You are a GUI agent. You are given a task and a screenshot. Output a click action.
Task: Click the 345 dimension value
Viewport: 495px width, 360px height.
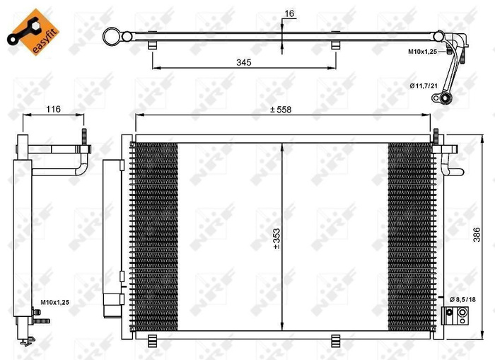(244, 62)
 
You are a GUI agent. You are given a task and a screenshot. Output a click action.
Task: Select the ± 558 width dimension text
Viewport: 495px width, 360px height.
(281, 109)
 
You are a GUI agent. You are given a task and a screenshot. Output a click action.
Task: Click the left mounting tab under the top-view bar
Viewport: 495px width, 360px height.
(153, 45)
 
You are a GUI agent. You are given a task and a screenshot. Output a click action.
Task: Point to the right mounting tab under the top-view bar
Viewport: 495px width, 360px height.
(336, 45)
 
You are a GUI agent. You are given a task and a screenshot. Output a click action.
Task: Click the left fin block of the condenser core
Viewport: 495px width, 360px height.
(155, 233)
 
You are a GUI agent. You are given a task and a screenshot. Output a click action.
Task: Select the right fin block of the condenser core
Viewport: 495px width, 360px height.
(409, 233)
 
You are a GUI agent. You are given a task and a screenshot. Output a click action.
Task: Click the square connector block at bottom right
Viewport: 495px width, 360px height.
(448, 313)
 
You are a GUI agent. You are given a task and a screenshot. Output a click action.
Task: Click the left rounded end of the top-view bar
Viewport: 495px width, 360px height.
(110, 35)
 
